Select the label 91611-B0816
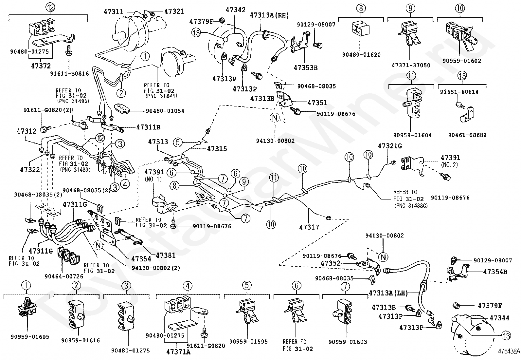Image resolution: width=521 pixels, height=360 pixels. coord(69,74)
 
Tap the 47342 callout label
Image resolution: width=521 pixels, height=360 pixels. coord(235,9)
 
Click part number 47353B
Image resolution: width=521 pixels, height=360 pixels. coord(306,68)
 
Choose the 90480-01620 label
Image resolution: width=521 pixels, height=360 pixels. coord(362,55)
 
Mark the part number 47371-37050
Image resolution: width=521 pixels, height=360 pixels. coord(411,65)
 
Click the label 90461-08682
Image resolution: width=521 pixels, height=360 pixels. coord(468,135)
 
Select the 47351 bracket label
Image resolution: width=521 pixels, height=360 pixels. coord(317,103)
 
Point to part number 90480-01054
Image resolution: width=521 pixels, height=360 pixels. coord(165,111)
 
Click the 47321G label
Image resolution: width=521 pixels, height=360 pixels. coord(390,146)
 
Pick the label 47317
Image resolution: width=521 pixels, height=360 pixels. coord(309,227)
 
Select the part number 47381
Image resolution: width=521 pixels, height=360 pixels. coord(166,255)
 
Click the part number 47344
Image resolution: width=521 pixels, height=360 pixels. coord(499,318)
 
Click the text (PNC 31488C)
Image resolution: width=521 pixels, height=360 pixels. coord(411,206)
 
